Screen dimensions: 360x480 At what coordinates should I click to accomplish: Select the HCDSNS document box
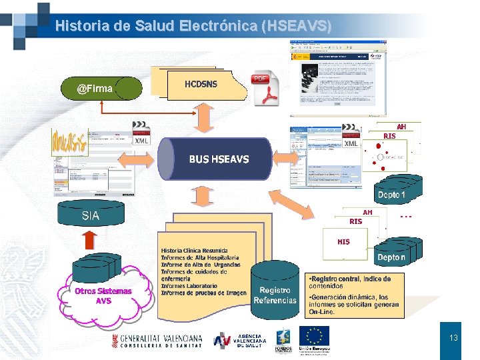pos(200,85)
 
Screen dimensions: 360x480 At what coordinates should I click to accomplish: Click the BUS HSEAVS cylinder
pos(219,159)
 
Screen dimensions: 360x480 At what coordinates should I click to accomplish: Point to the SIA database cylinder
pos(91,215)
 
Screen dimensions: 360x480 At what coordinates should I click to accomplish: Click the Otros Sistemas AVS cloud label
pos(103,295)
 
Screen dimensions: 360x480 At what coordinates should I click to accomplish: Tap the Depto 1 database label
pos(392,195)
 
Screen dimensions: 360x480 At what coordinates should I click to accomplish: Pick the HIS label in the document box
pos(343,242)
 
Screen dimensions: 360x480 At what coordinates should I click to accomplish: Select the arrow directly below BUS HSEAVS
pos(199,195)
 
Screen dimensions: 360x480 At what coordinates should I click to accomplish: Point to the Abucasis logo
pos(69,142)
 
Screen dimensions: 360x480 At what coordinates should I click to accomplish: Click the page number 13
pos(453,338)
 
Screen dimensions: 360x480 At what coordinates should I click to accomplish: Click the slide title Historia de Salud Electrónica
pos(193,26)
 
